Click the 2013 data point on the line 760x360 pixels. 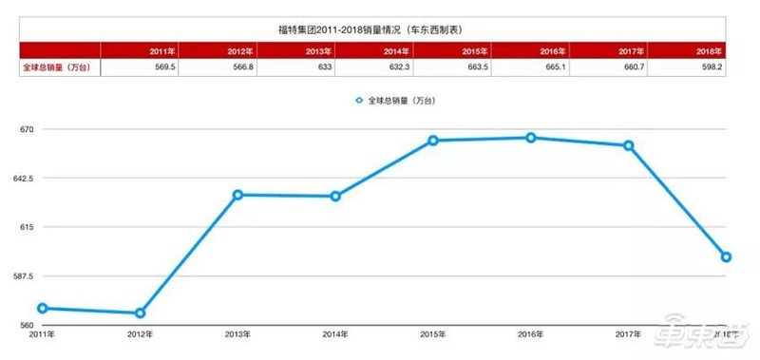click(x=237, y=195)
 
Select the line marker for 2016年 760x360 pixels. click(x=530, y=138)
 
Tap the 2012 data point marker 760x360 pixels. click(x=140, y=313)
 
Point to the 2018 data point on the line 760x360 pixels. click(x=726, y=256)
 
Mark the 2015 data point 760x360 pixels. click(x=432, y=141)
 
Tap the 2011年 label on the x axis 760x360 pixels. click(x=41, y=334)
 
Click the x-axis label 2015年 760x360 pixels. click(x=432, y=334)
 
